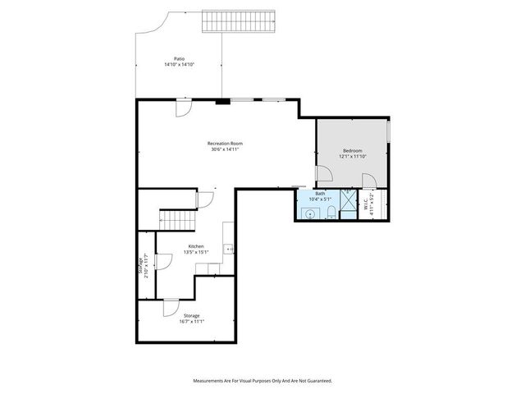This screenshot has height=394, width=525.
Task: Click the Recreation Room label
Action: coord(225,144)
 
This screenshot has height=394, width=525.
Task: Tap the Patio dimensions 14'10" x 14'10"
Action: coord(179,65)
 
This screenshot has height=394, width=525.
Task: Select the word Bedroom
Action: coord(353,150)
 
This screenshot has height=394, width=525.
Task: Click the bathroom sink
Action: coord(309,213)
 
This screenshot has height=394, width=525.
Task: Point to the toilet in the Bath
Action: coord(330,213)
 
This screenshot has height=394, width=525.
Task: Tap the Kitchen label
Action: coord(196,246)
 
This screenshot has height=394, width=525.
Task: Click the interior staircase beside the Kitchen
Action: coord(177,219)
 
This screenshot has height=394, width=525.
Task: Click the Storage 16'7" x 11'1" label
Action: coord(191,318)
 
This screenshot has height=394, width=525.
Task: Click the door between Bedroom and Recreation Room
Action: coord(323,175)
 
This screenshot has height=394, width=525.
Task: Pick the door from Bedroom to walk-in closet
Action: coord(368,182)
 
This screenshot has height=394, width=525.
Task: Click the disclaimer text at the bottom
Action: coord(262,381)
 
